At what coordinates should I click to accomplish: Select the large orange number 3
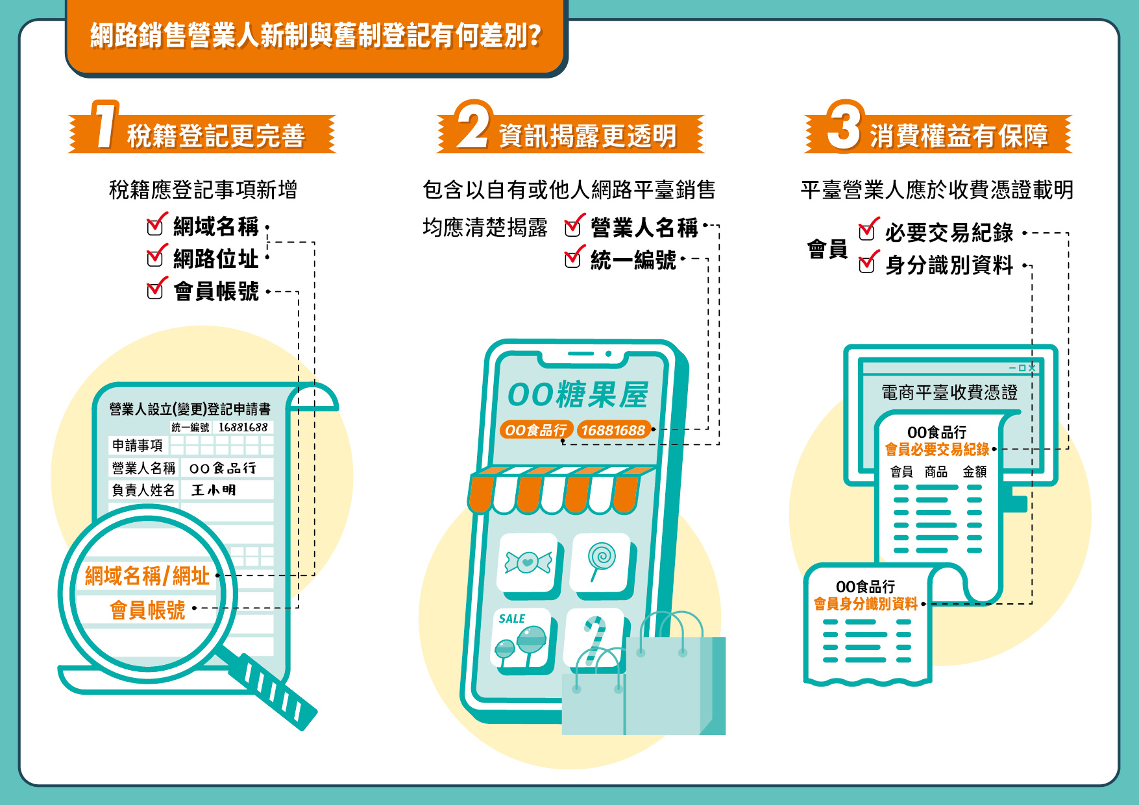[x=844, y=125]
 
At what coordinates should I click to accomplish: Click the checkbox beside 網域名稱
[x=155, y=226]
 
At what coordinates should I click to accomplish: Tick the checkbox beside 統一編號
[x=572, y=259]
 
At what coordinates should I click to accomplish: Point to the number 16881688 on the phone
[x=613, y=430]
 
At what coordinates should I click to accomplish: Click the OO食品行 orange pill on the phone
[x=536, y=430]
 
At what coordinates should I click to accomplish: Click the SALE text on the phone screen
[x=511, y=619]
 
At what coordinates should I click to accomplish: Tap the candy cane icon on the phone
[x=594, y=641]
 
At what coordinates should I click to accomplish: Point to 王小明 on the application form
[x=214, y=490]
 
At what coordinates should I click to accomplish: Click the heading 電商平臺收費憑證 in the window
[x=949, y=392]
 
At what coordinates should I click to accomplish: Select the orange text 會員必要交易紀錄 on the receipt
[x=937, y=449]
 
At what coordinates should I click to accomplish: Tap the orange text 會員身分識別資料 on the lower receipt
[x=866, y=604]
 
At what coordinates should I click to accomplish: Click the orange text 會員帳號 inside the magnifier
[x=147, y=610]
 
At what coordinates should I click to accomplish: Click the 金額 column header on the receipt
[x=974, y=472]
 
